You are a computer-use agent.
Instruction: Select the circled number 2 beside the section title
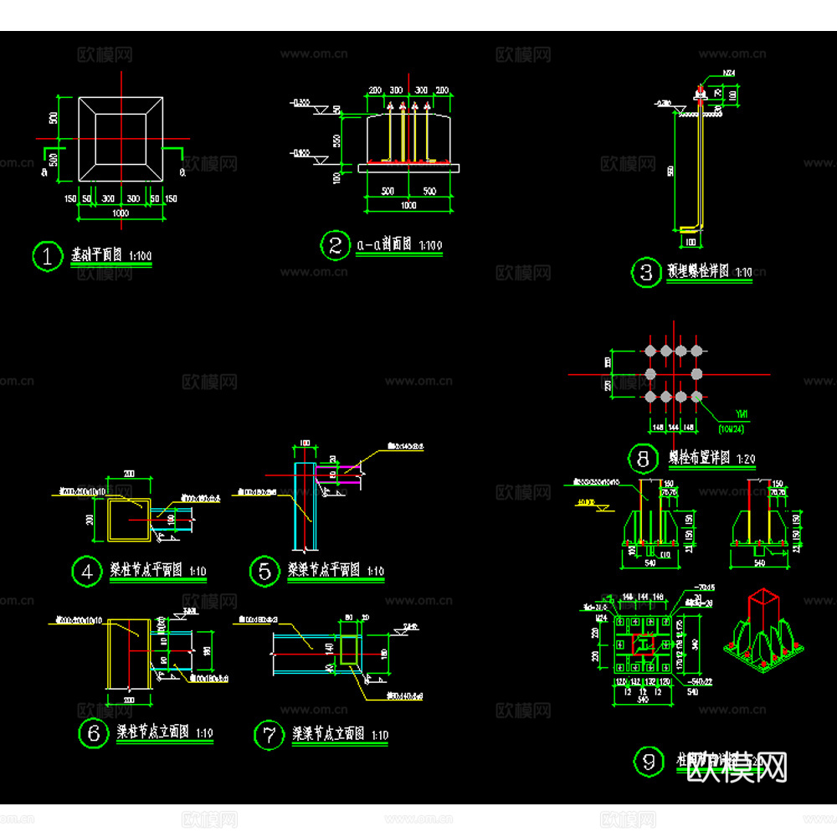[x=335, y=245]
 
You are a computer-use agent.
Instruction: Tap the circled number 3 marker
[x=645, y=273]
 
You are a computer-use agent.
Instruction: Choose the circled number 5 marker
[x=264, y=572]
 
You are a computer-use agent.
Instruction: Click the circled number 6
[x=92, y=733]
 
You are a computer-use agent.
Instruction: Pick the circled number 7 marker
[x=269, y=736]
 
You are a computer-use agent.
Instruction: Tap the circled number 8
[x=643, y=459]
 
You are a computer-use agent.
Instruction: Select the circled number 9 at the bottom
[x=648, y=762]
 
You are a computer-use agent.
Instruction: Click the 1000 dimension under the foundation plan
[x=120, y=213]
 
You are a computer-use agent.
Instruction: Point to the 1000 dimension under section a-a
[x=408, y=206]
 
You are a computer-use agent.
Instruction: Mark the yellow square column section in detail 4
[x=129, y=519]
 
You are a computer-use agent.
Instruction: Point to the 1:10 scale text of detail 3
[x=742, y=273]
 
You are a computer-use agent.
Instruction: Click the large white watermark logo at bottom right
[x=737, y=766]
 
